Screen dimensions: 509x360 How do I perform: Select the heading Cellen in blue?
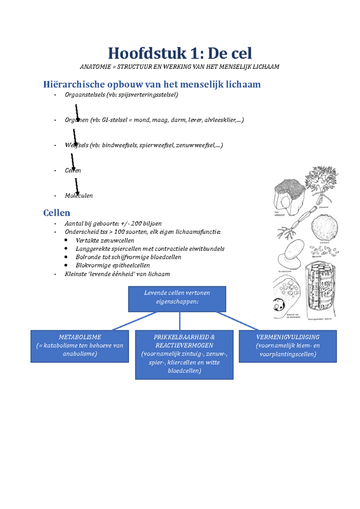point(56,213)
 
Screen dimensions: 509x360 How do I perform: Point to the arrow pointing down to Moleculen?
point(76,186)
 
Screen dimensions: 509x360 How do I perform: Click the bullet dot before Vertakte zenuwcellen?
point(66,240)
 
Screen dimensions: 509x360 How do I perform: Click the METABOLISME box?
point(79,346)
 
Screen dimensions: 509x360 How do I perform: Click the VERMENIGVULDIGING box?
point(287,346)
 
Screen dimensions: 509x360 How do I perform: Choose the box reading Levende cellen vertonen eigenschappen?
point(177,299)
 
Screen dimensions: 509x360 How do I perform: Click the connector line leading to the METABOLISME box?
point(134,321)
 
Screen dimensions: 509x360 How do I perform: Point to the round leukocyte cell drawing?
point(324,228)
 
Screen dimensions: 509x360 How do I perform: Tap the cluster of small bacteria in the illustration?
point(324,251)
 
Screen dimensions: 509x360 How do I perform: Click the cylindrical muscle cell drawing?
point(320,289)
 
